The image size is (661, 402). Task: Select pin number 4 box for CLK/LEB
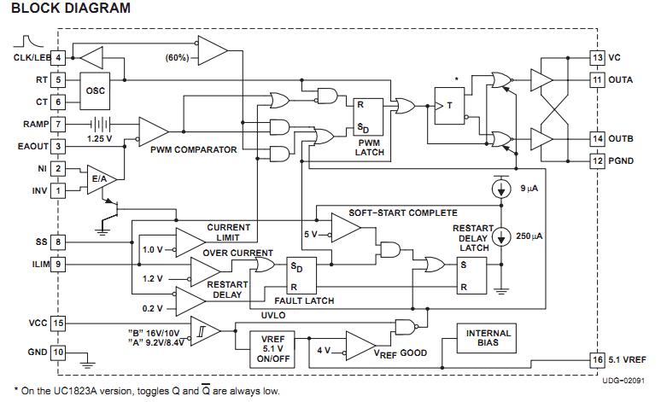point(58,57)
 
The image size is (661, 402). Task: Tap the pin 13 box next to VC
point(597,58)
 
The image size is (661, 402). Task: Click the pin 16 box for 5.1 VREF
point(597,359)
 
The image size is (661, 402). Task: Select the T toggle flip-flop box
point(450,106)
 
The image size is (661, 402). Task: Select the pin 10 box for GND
point(58,352)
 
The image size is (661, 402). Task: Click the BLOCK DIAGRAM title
point(72,9)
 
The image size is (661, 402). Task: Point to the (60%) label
point(177,58)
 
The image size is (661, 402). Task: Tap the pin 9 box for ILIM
point(58,265)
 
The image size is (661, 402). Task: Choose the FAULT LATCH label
point(304,300)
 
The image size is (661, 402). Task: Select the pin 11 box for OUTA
point(597,79)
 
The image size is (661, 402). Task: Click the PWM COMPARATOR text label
point(193,150)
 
